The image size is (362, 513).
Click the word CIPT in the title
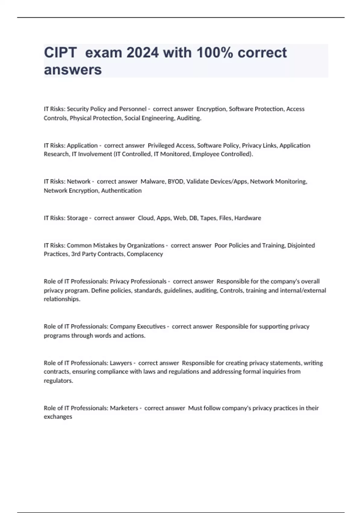[x=60, y=53]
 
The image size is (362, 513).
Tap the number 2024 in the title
[x=142, y=53]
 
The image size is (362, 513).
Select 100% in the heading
[x=214, y=53]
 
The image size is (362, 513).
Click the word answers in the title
[x=73, y=70]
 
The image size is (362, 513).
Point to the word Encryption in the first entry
[x=211, y=109]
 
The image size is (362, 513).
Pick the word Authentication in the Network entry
[x=121, y=190]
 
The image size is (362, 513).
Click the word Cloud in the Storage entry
[x=146, y=218]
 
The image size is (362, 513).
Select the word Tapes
[x=208, y=218]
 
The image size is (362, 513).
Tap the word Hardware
[x=248, y=218]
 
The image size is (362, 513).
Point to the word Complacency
[x=145, y=254]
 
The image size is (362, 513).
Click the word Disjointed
[x=301, y=245]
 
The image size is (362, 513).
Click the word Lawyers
[x=121, y=363]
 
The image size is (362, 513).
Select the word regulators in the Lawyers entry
[x=58, y=381]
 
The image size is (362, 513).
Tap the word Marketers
[x=124, y=408]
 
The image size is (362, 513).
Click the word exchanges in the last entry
[x=58, y=417]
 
